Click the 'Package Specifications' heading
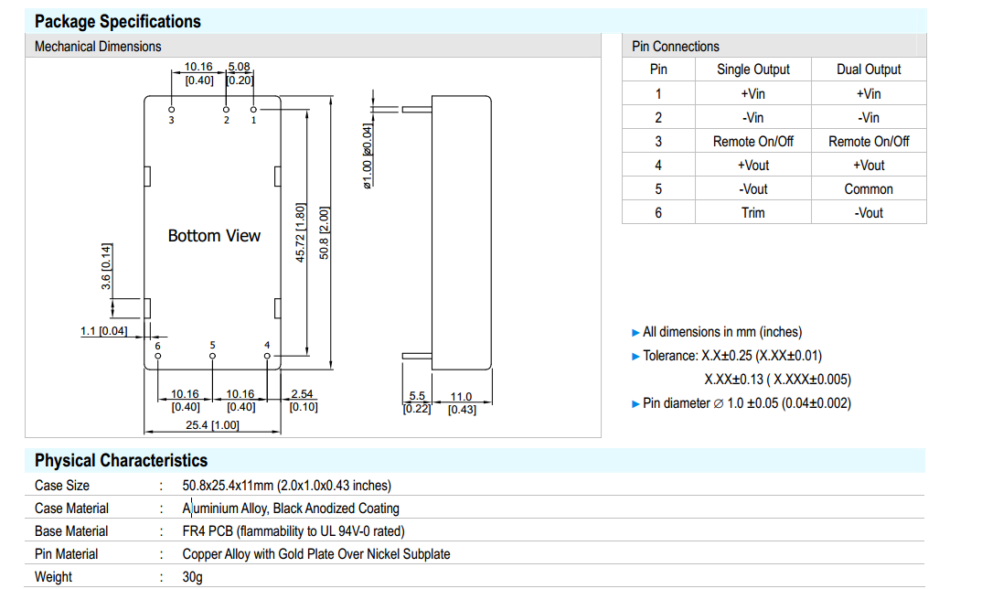click(117, 21)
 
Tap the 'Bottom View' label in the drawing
click(214, 236)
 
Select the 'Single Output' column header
click(752, 70)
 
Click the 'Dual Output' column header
click(869, 70)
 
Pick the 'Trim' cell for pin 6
click(752, 212)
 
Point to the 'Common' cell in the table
click(869, 188)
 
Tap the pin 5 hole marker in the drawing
click(212, 355)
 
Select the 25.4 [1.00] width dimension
click(212, 426)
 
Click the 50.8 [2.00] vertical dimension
click(325, 232)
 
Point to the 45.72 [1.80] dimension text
click(301, 232)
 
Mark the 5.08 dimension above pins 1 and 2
click(240, 67)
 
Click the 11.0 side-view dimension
click(461, 396)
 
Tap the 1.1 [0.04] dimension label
click(103, 331)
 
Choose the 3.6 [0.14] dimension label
click(106, 267)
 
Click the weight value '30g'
click(193, 577)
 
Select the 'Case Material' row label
click(71, 509)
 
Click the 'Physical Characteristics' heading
click(121, 460)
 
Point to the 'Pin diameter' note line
click(746, 403)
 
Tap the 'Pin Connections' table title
click(676, 46)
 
